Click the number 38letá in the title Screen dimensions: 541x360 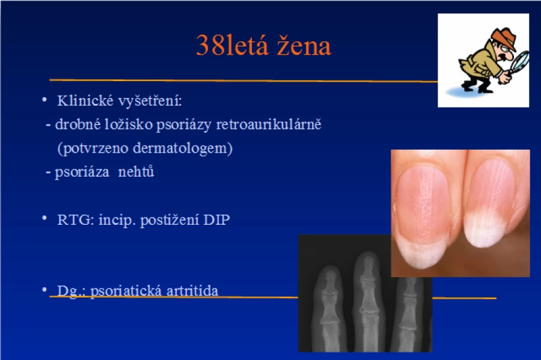[232, 45]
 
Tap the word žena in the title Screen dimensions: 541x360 [304, 45]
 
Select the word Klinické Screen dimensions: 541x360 [85, 101]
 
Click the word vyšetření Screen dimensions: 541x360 [150, 101]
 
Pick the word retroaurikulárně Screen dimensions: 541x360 [269, 124]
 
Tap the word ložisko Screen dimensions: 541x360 [129, 124]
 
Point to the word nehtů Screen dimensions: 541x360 [136, 171]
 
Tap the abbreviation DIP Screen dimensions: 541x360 [216, 219]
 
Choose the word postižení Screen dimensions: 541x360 [170, 220]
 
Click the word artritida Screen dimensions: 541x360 [192, 291]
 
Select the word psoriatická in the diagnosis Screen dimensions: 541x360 [126, 291]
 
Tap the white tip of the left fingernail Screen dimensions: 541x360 [421, 254]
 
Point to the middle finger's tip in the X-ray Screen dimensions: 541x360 [367, 258]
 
